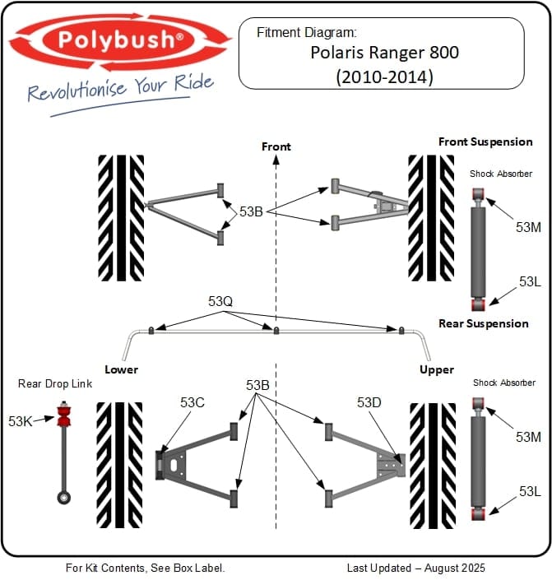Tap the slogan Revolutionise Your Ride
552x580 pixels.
point(120,87)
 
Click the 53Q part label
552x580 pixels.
point(220,302)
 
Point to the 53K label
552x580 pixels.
point(21,421)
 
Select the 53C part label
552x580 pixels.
point(192,402)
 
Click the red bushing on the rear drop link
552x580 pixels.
point(63,415)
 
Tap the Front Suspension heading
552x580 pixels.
point(485,142)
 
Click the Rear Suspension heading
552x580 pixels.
point(484,323)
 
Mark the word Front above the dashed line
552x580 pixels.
point(276,146)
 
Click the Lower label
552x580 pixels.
point(121,369)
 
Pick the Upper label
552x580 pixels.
point(436,369)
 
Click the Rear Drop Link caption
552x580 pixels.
point(55,383)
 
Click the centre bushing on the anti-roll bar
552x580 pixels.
point(276,331)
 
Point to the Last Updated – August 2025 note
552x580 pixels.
point(415,568)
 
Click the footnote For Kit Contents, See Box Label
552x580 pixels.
point(145,568)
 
